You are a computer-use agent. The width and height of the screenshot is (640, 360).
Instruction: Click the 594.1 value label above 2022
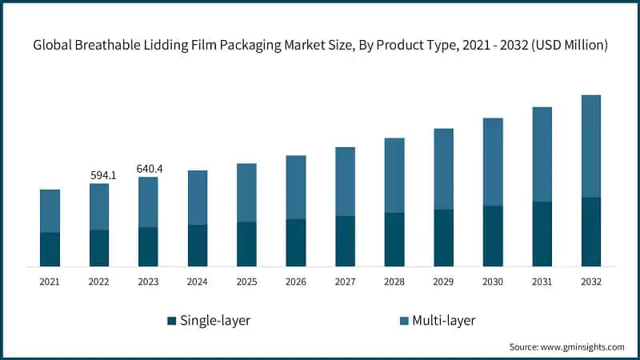[x=103, y=175]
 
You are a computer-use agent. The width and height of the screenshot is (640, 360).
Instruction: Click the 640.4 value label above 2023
[x=150, y=169]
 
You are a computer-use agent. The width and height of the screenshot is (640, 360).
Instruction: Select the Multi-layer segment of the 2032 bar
[x=591, y=146]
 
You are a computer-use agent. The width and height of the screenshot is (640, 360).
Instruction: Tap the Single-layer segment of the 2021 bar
[x=50, y=249]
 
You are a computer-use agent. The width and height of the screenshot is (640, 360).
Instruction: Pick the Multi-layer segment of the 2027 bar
[x=345, y=182]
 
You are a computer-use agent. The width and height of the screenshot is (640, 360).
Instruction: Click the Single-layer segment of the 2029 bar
[x=443, y=238]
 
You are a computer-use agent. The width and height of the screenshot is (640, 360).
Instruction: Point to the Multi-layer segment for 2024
[x=198, y=198]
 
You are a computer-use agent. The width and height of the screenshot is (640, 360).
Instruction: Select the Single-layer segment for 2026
[x=296, y=242]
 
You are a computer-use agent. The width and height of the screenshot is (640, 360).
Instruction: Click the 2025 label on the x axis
[x=246, y=282]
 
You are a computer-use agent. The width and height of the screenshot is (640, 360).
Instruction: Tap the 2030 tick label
[x=493, y=282]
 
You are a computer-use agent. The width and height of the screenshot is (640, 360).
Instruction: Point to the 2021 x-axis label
[x=50, y=282]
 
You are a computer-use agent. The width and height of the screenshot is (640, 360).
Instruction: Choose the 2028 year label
[x=394, y=282]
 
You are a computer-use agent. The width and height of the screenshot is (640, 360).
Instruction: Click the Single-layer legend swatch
[x=171, y=321]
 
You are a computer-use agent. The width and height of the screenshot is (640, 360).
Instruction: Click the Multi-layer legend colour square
[x=404, y=321]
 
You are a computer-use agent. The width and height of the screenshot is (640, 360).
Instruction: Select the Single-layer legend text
[x=215, y=321]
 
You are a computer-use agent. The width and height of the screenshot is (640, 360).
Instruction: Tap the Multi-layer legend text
[x=444, y=321]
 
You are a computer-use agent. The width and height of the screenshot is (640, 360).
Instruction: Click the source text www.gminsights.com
[x=582, y=346]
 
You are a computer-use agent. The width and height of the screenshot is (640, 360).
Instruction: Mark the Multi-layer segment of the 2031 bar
[x=542, y=154]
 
